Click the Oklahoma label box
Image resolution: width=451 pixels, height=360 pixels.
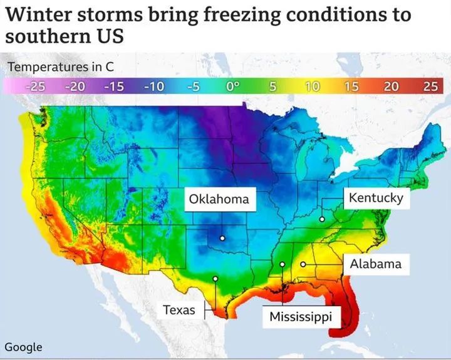[219, 199]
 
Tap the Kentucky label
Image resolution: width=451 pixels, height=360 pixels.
[375, 198]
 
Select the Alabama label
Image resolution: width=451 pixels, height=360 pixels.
[375, 264]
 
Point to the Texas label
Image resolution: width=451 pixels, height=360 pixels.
[179, 309]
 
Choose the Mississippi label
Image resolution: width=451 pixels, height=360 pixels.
[300, 316]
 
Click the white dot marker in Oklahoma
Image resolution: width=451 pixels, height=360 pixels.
[222, 238]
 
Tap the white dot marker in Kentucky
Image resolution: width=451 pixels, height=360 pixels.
[321, 219]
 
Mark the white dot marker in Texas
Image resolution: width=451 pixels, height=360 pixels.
[215, 279]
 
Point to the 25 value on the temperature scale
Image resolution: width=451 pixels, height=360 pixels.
[430, 86]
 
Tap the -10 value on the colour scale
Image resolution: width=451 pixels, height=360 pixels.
[153, 86]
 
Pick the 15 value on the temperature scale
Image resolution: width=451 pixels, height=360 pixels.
[351, 86]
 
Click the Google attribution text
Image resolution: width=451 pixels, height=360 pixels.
[23, 347]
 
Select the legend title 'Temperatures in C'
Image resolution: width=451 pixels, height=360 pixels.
[60, 66]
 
